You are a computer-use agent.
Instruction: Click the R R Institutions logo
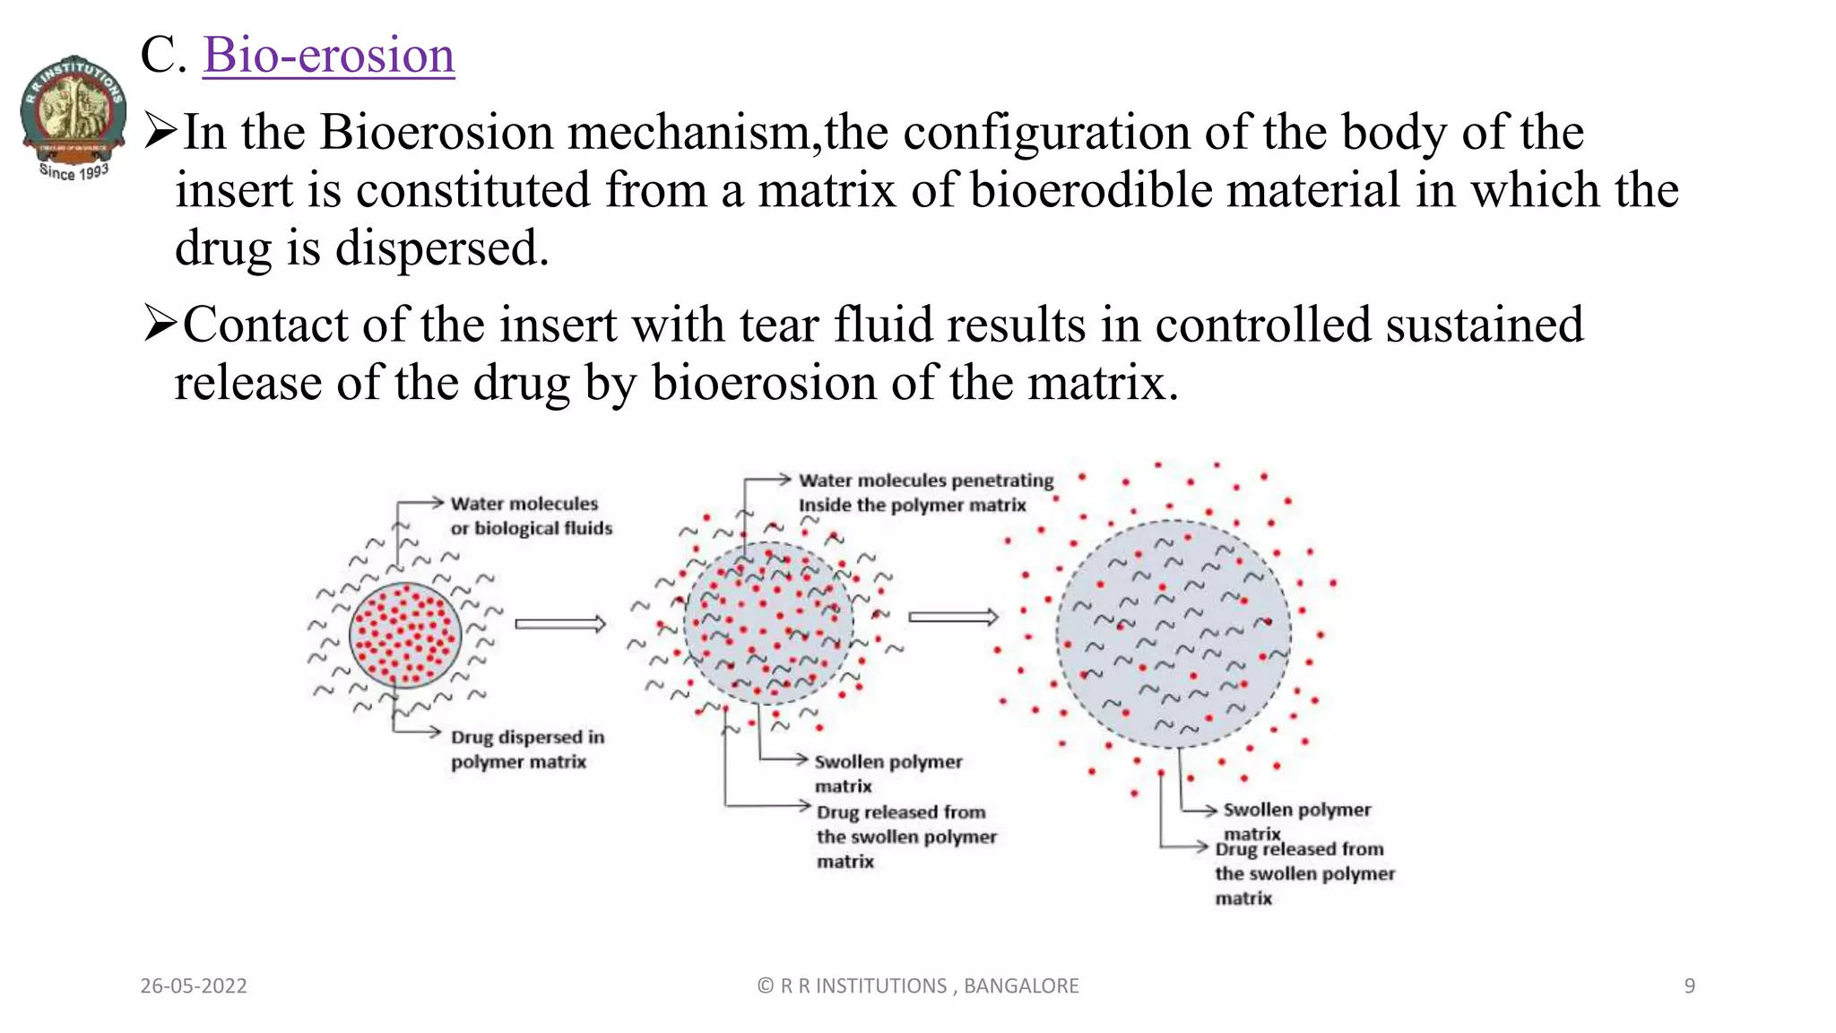click(x=74, y=117)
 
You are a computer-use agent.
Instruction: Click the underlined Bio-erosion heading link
click(x=329, y=55)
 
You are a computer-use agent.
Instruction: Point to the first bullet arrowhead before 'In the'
click(x=160, y=131)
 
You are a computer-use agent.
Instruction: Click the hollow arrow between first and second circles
click(x=560, y=624)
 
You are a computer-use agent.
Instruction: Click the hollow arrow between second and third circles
click(x=953, y=617)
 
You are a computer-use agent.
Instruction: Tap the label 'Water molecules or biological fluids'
click(x=531, y=516)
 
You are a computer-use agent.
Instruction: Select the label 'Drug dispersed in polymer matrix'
click(x=527, y=749)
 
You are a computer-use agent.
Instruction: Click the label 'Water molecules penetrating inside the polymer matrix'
click(x=925, y=492)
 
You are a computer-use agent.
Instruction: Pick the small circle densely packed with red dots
click(x=405, y=635)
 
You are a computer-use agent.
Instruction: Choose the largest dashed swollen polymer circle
click(x=1173, y=633)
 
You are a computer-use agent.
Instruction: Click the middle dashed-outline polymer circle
click(x=768, y=623)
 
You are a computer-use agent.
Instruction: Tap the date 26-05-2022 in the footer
click(x=194, y=985)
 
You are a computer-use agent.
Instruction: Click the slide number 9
click(x=1689, y=985)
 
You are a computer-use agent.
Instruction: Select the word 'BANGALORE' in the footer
click(x=1021, y=985)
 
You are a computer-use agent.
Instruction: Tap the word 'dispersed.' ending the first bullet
click(x=441, y=248)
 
